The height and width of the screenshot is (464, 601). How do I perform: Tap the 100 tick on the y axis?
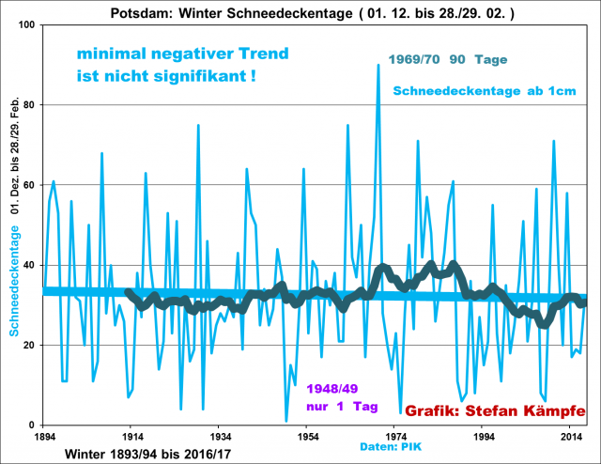coord(29,24)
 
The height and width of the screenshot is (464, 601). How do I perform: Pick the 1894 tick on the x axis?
coord(44,437)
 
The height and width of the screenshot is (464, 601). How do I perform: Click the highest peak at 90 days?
coord(378,65)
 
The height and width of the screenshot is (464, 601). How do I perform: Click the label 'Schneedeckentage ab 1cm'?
coord(483,90)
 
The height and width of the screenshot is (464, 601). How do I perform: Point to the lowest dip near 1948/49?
coord(286,421)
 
